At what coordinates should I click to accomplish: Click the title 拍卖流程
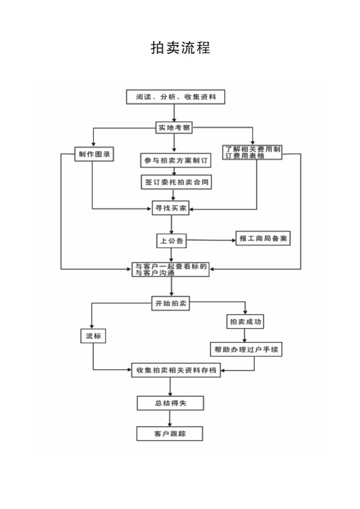point(180,47)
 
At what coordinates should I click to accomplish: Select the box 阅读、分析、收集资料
point(175,97)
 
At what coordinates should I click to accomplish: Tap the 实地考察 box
point(174,128)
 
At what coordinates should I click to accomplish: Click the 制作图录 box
point(94,154)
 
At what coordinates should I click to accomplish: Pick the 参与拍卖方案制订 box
point(175,160)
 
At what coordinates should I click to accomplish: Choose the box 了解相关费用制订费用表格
point(252,153)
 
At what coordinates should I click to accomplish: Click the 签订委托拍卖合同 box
point(176,182)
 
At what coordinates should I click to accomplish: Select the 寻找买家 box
point(171,208)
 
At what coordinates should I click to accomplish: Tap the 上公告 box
point(171,241)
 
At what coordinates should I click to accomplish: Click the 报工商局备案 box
point(263,238)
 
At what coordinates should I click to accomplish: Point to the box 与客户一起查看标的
point(171,269)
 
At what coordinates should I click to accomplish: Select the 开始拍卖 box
point(171,303)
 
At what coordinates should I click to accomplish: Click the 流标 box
point(93,336)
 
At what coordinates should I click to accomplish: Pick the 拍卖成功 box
point(245,322)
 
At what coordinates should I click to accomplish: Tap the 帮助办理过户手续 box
point(246,349)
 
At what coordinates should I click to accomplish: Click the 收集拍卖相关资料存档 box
point(176,370)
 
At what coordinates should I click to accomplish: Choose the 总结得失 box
point(171,403)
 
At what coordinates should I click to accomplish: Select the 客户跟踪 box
point(170,434)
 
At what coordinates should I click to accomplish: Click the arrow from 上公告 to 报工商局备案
point(211,240)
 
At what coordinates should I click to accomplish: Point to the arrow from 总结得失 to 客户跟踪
point(170,418)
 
